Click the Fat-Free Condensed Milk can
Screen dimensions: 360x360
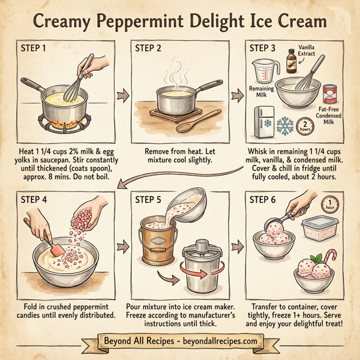coord(329,94)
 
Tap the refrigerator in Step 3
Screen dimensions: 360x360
coord(263,122)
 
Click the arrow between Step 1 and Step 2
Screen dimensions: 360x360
coord(124,94)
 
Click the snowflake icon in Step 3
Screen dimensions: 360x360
coord(287,127)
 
